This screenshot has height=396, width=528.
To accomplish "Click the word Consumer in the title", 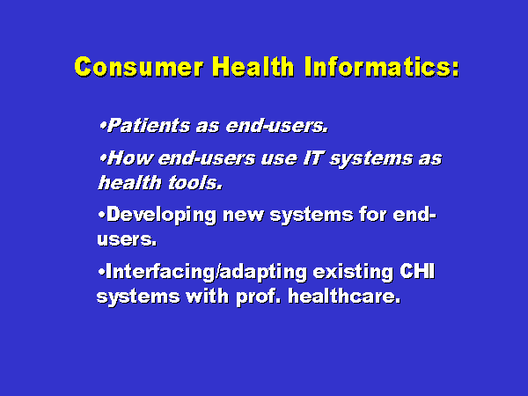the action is pos(139,67).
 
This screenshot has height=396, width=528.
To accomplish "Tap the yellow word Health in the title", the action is pos(253,66).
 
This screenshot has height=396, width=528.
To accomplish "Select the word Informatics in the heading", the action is pos(377,66).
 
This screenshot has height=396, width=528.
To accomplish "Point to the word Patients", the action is pos(149,126).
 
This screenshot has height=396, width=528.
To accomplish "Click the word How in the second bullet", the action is pos(130,158).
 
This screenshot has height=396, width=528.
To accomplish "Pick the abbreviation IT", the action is pos(313,158).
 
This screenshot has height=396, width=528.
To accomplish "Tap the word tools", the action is pos(194,183).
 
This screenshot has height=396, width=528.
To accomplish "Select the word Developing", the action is pos(161,216).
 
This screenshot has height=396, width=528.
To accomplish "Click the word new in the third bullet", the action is pos(243,216).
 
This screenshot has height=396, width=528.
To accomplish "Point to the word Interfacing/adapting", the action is pos(206,273).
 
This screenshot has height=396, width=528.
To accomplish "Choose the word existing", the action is pos(353,272).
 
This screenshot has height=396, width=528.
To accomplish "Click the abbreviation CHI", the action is pos(417,271).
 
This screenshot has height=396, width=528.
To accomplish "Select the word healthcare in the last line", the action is pos(344,297).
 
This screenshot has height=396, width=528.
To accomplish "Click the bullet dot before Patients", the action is pos(103,126).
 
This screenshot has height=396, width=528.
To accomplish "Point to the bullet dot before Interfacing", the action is pos(102,272).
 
